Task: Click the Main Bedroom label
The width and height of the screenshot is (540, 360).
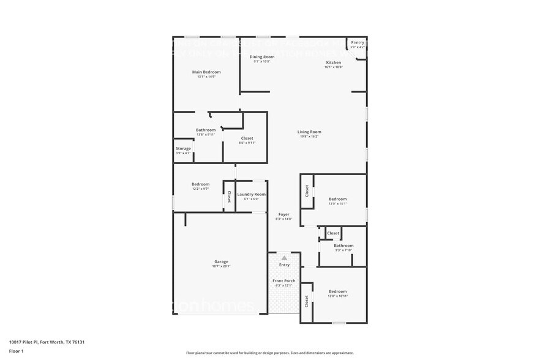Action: [x=206, y=72]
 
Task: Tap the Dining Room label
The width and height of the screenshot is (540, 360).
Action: [x=261, y=56]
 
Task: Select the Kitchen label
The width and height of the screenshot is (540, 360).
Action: [x=333, y=62]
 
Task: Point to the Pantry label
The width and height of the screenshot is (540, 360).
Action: [x=357, y=42]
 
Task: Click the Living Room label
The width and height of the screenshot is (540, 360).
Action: [x=309, y=132]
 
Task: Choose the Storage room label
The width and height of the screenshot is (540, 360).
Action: [x=183, y=148]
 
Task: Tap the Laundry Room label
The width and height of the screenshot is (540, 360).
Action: [x=251, y=194]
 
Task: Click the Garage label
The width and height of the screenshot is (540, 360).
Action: [x=221, y=261]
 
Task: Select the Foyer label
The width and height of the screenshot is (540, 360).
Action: [x=283, y=214]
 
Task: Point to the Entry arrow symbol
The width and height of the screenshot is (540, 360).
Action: [x=284, y=258]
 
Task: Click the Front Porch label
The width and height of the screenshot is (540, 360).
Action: [x=284, y=280]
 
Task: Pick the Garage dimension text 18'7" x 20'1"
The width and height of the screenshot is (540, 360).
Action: [x=221, y=266]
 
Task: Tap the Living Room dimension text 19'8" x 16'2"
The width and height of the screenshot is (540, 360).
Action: [x=309, y=137]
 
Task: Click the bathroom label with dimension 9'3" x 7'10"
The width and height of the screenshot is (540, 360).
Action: [x=343, y=246]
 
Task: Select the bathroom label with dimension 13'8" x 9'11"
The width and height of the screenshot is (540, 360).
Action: [x=206, y=130]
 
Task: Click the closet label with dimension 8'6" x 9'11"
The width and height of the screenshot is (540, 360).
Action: [x=247, y=138]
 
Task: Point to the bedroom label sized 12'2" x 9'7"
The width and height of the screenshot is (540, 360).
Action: [x=200, y=184]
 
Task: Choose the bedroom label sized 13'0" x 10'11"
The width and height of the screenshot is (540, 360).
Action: [x=337, y=291]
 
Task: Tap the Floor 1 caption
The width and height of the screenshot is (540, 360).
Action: [x=16, y=351]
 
